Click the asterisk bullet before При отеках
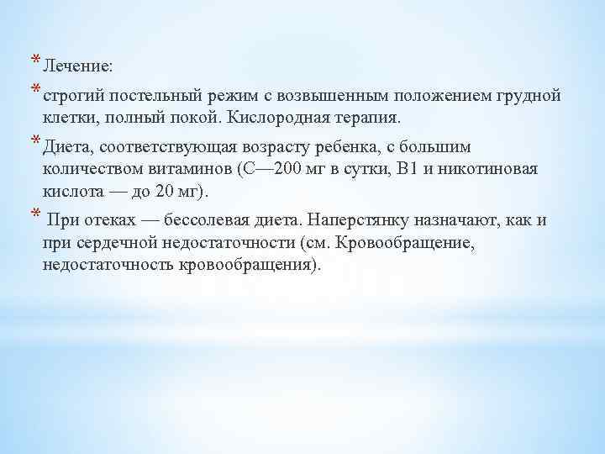pos(36,213)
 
